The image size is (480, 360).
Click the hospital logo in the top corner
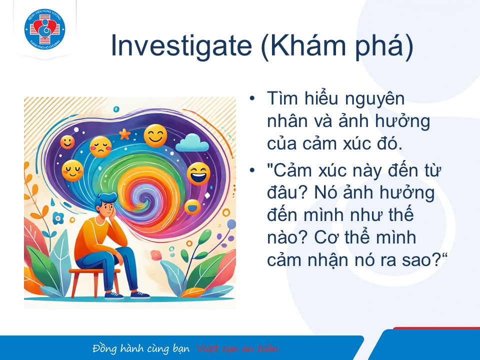coord(44,29)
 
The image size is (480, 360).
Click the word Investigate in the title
coord(181,46)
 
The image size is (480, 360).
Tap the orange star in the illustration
coord(124,134)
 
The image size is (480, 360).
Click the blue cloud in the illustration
coord(192,142)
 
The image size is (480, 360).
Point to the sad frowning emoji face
coord(100,147)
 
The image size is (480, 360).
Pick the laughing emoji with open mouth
coord(198,174)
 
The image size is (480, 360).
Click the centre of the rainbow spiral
coord(144,198)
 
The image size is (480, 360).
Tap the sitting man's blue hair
coord(104,200)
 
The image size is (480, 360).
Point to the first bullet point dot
coord(252,98)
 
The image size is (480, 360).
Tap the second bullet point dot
coord(252,170)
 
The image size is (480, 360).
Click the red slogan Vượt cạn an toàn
coord(237,349)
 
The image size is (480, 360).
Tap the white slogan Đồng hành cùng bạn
coord(141,349)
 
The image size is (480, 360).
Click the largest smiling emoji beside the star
coord(155,135)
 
